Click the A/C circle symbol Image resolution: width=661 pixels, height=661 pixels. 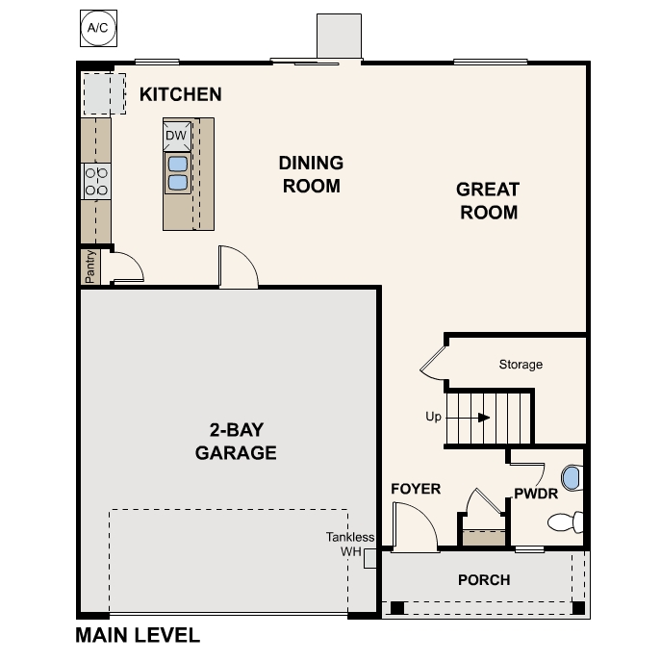[98, 28]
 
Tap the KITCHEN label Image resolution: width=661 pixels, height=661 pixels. [181, 94]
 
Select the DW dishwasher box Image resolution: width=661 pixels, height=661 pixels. [175, 136]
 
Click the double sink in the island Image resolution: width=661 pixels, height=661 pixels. [177, 172]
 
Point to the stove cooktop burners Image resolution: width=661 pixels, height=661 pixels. [96, 180]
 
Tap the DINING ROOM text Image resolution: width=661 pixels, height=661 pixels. [311, 174]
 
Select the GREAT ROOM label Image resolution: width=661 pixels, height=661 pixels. [488, 200]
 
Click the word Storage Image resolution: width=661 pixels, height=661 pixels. [521, 365]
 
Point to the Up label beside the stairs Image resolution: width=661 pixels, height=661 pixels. [433, 418]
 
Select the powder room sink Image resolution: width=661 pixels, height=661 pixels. [572, 476]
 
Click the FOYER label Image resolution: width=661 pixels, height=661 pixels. [416, 489]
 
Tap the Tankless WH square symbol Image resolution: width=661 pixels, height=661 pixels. [369, 559]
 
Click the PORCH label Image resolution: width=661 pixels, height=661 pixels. [483, 579]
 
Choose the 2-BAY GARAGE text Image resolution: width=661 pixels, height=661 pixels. [236, 442]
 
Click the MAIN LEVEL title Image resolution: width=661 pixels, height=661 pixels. [138, 635]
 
